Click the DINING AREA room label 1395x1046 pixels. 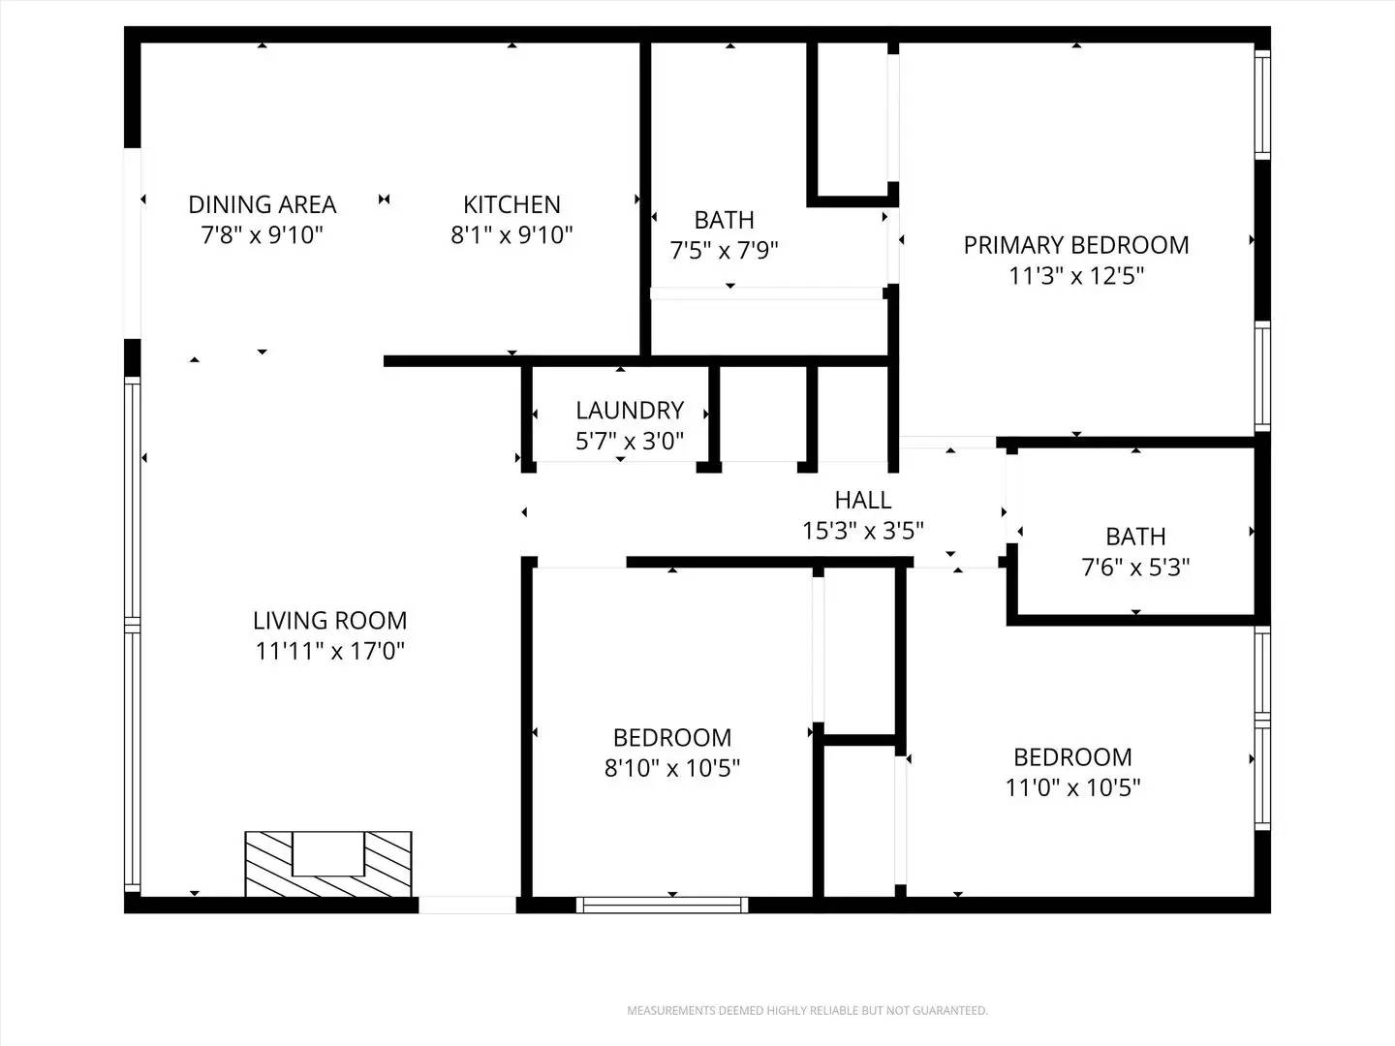coord(262,204)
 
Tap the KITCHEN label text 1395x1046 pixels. coord(511,204)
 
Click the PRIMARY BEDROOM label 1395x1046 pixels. coord(1075,245)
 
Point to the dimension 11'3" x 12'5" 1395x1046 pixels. coord(1076,276)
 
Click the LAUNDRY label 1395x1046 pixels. coord(630,410)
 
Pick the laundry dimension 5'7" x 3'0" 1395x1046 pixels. coord(630,442)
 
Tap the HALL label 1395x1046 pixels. coord(862,500)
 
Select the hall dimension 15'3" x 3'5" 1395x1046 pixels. coord(862,531)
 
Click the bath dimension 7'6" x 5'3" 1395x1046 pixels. coord(1135,567)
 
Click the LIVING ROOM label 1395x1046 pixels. coord(329,620)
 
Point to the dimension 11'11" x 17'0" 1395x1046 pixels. coord(329,651)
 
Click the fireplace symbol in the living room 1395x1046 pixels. coord(328,863)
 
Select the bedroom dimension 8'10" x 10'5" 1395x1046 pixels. coord(672,768)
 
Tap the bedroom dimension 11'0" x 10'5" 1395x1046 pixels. coord(1072,787)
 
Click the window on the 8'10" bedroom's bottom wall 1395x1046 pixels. coord(663,906)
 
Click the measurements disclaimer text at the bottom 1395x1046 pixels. coord(807,1011)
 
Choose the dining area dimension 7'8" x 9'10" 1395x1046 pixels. coord(262,235)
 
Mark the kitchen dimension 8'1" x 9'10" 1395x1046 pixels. coord(511,235)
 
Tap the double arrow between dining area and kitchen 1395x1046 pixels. coord(385,199)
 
